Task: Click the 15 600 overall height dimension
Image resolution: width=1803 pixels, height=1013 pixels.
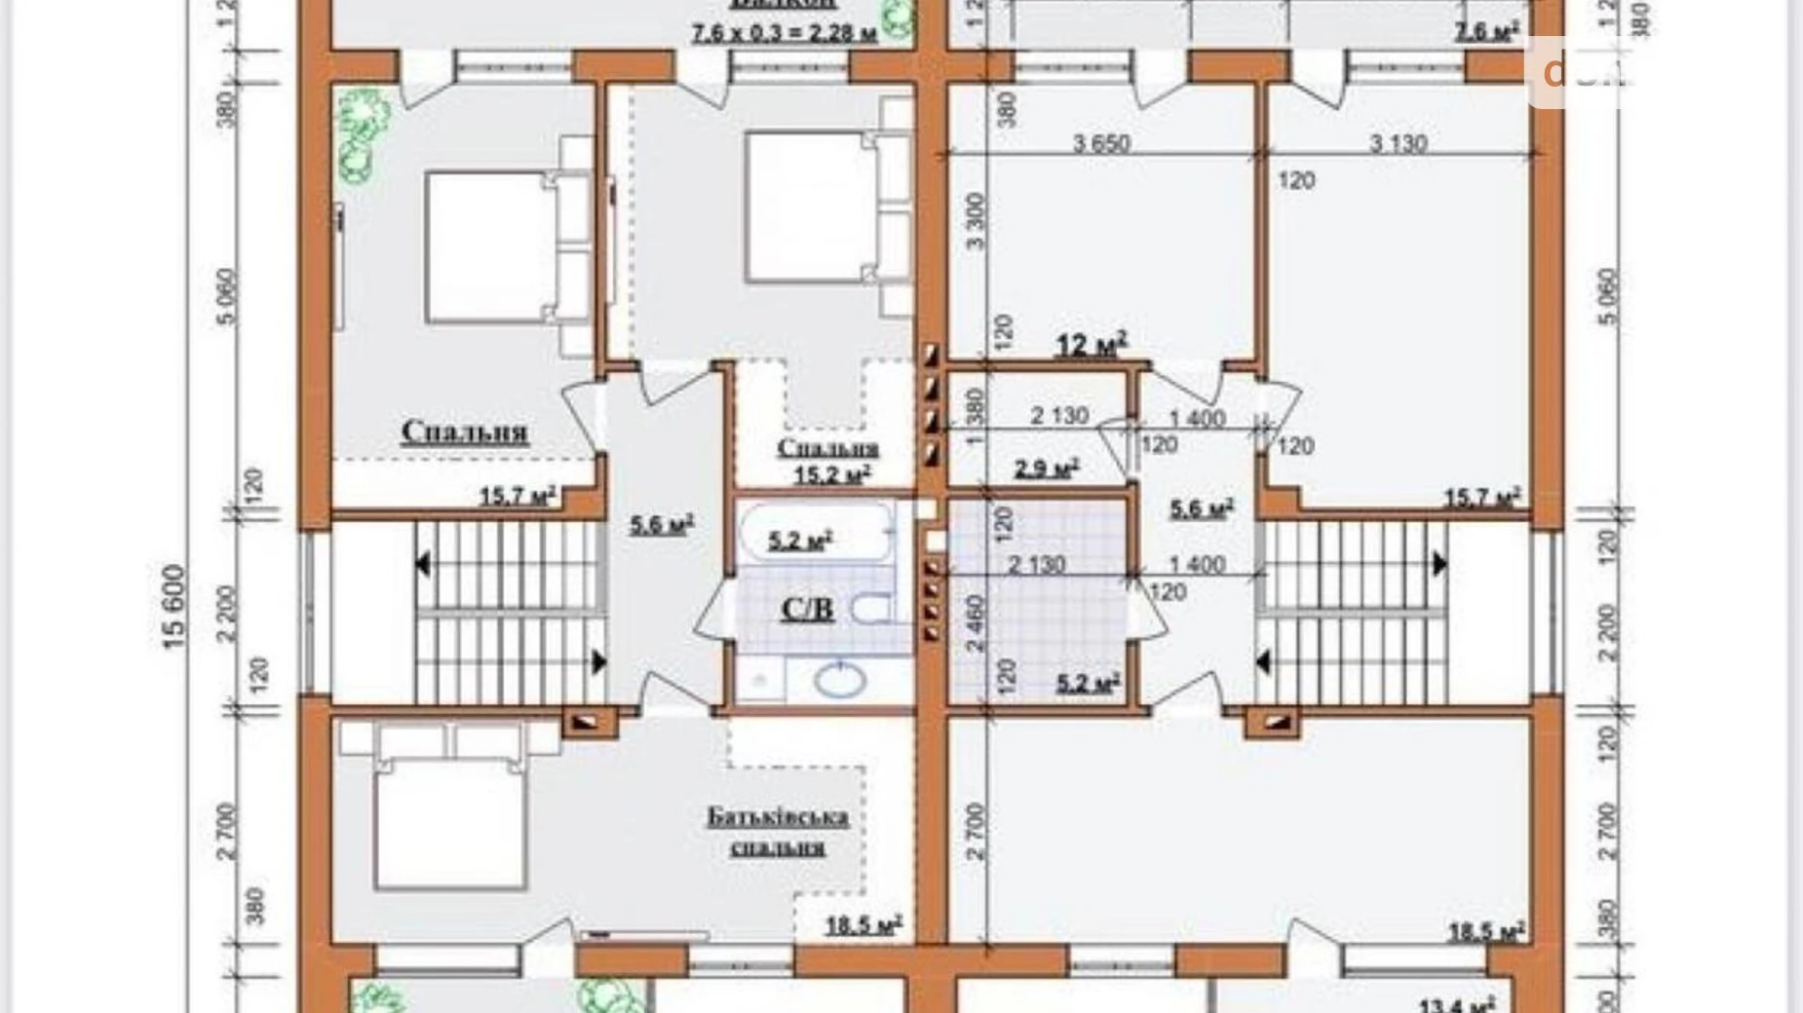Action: (x=173, y=606)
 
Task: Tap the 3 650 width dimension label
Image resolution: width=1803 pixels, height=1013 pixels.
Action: (x=1101, y=143)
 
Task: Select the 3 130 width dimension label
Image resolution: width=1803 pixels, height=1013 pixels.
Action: (x=1399, y=143)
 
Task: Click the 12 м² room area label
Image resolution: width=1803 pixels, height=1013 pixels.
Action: (x=1092, y=345)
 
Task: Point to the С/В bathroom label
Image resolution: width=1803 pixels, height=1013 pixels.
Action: (x=807, y=610)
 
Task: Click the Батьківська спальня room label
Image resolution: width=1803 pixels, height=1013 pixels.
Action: (x=778, y=831)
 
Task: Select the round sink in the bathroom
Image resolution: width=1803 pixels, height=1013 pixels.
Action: (x=839, y=679)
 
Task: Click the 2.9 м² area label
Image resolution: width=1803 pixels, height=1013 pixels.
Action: (x=1046, y=469)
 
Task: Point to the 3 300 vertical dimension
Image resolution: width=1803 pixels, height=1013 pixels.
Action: (x=976, y=221)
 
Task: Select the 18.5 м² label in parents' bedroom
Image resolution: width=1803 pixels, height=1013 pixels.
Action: (x=863, y=924)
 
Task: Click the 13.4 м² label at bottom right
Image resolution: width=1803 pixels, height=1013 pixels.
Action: (x=1456, y=1004)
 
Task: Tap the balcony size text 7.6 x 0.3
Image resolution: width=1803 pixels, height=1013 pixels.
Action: (x=785, y=32)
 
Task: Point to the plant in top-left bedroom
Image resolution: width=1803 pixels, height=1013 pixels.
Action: (x=363, y=136)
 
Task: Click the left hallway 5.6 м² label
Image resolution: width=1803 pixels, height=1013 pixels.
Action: (x=661, y=525)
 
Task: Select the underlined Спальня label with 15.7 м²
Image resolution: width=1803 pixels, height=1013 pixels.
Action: (x=465, y=431)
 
